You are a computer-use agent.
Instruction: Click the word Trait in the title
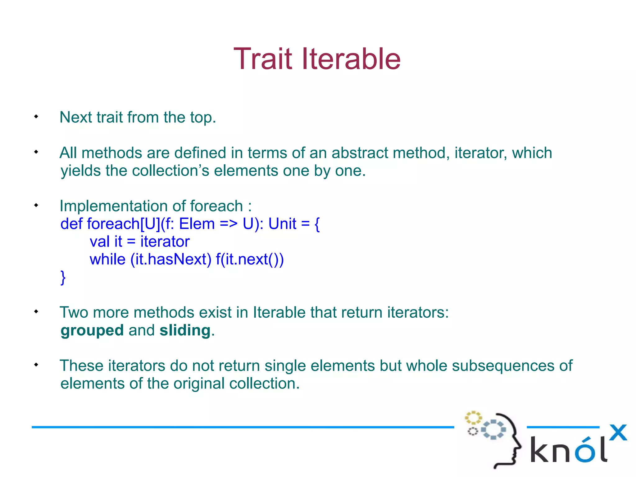tap(263, 59)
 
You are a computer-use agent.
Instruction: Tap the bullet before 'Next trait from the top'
tap(36, 116)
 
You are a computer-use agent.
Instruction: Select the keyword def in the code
tap(71, 224)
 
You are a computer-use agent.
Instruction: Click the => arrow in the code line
tap(229, 224)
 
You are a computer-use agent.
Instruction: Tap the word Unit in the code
tap(282, 224)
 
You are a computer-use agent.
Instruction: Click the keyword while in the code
tap(107, 259)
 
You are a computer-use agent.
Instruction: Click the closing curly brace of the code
tap(63, 277)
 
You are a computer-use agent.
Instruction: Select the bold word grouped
tap(92, 330)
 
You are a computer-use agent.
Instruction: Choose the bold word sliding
tap(185, 330)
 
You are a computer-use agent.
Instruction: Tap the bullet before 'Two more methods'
tap(36, 311)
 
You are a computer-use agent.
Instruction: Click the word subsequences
tap(503, 366)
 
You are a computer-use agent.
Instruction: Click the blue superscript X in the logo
tap(618, 432)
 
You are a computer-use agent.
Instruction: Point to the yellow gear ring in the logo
tap(473, 418)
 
